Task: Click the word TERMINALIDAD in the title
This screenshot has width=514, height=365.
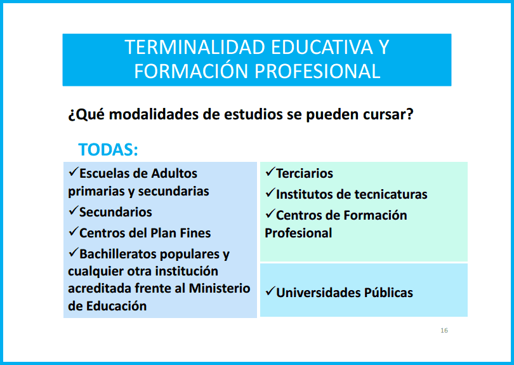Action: tap(195, 47)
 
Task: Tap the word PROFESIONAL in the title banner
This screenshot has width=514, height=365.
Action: tap(317, 71)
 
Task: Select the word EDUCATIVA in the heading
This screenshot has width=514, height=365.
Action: tap(322, 47)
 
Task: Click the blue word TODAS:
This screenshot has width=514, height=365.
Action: tap(108, 150)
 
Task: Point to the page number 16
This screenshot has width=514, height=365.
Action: tap(444, 330)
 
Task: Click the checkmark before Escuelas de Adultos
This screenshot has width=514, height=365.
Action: tap(74, 171)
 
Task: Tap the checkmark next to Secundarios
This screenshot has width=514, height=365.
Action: tap(74, 210)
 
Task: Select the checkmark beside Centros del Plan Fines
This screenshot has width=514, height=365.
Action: tap(74, 231)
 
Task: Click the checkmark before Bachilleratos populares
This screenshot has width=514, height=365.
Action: tap(74, 252)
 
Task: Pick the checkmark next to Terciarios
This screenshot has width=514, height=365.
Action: tap(270, 171)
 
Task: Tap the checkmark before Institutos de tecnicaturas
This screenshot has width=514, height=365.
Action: tap(270, 192)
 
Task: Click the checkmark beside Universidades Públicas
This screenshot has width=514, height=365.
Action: tap(270, 291)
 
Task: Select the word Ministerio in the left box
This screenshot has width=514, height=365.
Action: tap(220, 288)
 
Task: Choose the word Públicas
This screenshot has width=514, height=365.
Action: tap(388, 293)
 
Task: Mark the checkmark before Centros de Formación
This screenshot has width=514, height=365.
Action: tap(270, 213)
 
